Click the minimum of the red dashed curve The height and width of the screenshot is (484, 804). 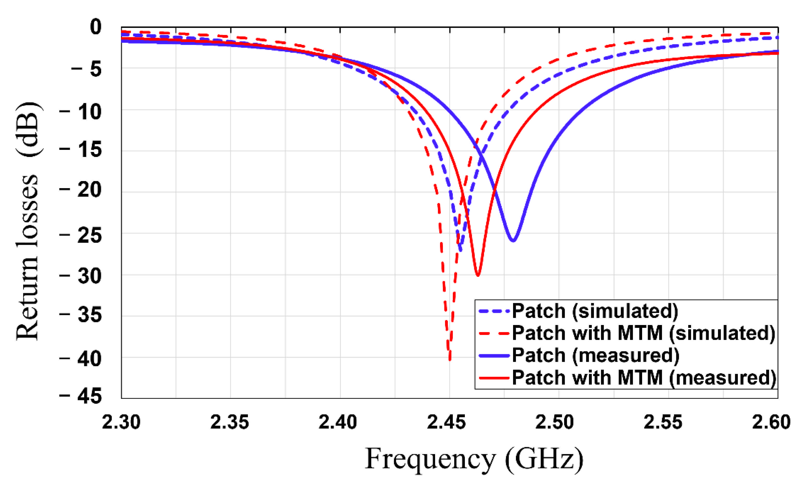[450, 359]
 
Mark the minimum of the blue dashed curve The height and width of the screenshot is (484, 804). [460, 250]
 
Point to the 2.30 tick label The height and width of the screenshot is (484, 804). [121, 422]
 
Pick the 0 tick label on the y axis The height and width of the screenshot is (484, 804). [96, 27]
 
